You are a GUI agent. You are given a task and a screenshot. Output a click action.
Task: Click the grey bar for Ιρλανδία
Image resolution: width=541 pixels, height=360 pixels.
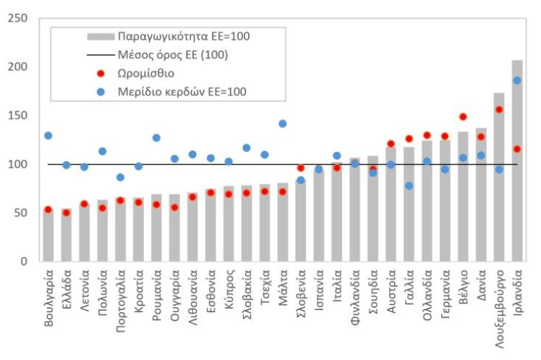[517, 160]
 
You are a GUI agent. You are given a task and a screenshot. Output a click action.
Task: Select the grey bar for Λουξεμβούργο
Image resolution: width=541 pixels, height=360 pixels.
[499, 177]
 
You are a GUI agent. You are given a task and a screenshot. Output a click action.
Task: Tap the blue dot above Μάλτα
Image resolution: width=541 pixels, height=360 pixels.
[283, 124]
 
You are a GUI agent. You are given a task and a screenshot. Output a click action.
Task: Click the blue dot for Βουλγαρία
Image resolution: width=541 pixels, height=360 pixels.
[48, 136]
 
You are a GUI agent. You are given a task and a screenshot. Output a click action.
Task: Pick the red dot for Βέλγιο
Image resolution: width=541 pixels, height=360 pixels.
[463, 117]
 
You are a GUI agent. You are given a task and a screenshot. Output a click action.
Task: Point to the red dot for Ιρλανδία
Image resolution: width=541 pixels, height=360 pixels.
[517, 150]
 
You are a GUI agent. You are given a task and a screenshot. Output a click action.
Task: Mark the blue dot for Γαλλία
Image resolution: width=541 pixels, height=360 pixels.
[409, 186]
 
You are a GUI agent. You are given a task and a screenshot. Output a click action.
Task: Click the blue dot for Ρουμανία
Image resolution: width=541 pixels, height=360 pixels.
[156, 138]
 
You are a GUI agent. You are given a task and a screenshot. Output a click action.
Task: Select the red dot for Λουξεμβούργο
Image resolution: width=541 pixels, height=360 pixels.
[499, 110]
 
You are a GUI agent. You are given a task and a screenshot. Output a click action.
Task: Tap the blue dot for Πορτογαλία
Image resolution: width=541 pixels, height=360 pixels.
[120, 177]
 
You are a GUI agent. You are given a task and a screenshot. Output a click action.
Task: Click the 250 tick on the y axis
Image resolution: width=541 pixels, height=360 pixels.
[17, 18]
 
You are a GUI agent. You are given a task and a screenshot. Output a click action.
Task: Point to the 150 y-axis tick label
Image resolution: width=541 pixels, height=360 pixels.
[17, 116]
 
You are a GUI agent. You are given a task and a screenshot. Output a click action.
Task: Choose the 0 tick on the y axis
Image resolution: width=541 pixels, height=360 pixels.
[23, 262]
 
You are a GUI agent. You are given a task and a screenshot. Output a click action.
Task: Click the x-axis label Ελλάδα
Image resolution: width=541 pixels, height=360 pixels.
[67, 291]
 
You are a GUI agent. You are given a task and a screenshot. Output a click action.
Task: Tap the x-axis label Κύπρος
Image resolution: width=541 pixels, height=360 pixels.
[229, 290]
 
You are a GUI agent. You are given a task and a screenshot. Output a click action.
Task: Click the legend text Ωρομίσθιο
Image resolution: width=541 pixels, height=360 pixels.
[146, 74]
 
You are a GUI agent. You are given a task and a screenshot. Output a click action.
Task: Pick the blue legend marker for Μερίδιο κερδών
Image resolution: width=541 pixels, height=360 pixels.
[101, 92]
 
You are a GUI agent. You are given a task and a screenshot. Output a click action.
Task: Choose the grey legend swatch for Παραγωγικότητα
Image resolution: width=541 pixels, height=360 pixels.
[101, 37]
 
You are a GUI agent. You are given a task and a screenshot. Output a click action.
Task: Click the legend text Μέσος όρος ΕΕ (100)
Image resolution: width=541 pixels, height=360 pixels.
[173, 55]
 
